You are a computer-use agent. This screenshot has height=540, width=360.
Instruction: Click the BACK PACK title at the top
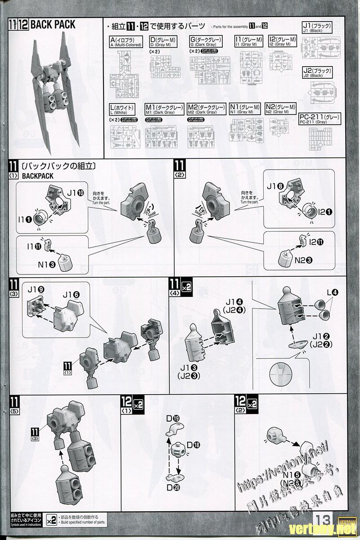point(54,24)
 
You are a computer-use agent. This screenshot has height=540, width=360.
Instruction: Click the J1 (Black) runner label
point(317,27)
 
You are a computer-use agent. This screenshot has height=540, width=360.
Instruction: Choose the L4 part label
point(333,293)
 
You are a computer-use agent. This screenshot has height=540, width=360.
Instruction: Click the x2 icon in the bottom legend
point(52,520)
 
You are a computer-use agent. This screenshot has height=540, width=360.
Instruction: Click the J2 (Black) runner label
point(317,73)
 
